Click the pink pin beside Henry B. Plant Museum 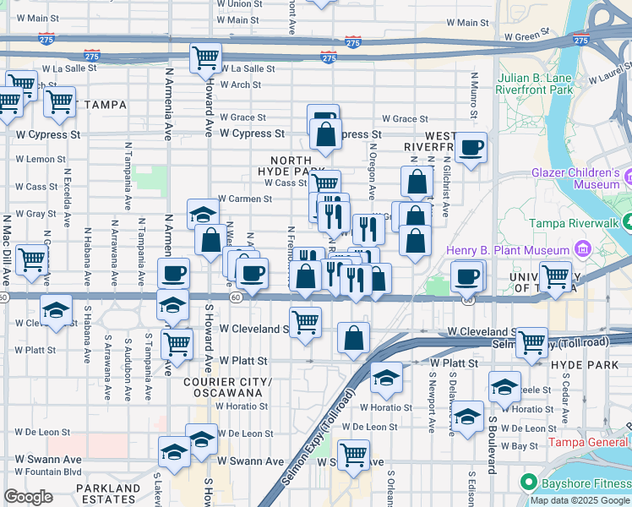click(x=581, y=250)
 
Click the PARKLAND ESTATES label click(x=107, y=494)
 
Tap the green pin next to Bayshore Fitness click(x=529, y=482)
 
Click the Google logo click(x=27, y=497)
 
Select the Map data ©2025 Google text click(x=579, y=500)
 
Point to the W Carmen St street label click(x=244, y=199)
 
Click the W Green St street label click(x=526, y=36)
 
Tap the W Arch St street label click(x=240, y=84)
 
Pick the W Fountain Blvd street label click(x=48, y=472)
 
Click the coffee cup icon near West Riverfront click(x=471, y=148)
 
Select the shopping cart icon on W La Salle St click(x=206, y=58)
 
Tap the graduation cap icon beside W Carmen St click(x=203, y=215)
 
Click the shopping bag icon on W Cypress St click(x=325, y=133)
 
